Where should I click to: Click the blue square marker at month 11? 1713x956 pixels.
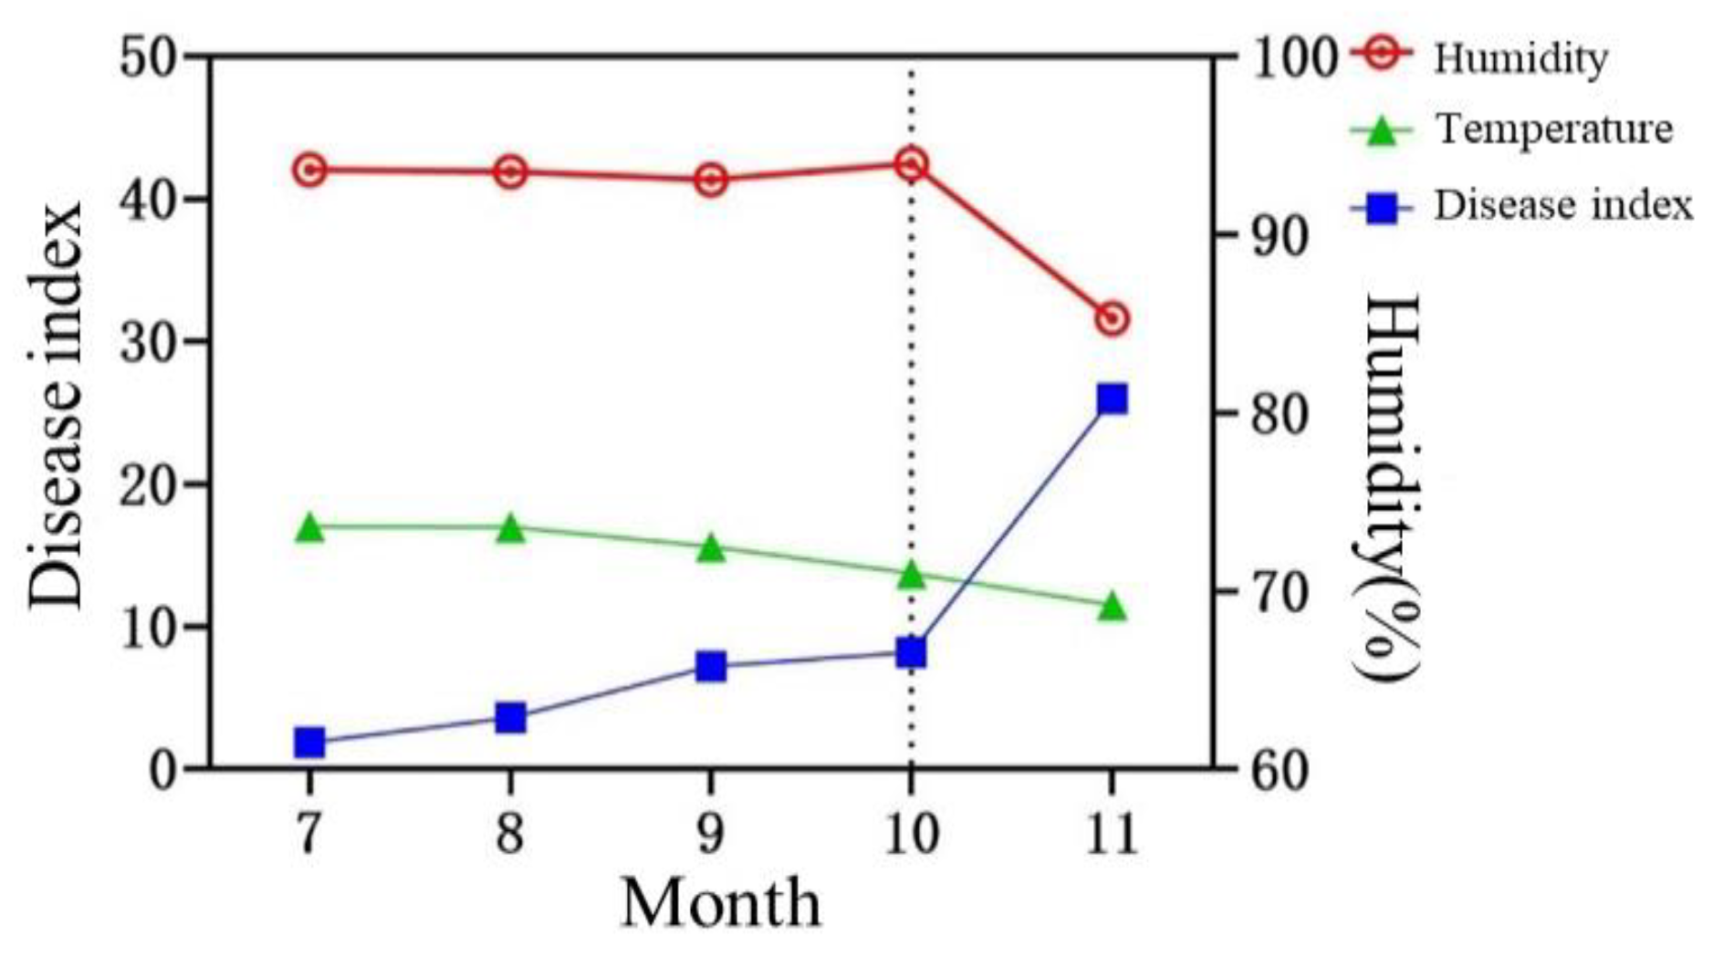click(x=1112, y=399)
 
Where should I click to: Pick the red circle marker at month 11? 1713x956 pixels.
click(x=1112, y=319)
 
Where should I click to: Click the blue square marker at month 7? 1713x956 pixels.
click(x=310, y=743)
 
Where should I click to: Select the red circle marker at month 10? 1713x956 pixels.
click(x=911, y=164)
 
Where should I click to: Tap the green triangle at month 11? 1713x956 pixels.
click(x=1112, y=607)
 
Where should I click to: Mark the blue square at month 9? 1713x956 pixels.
click(x=711, y=667)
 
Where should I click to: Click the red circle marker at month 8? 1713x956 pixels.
click(x=511, y=171)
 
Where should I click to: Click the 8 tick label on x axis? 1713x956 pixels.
click(x=510, y=832)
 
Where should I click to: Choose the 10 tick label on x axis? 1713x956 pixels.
click(x=911, y=832)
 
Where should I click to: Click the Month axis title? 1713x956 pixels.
click(x=720, y=903)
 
